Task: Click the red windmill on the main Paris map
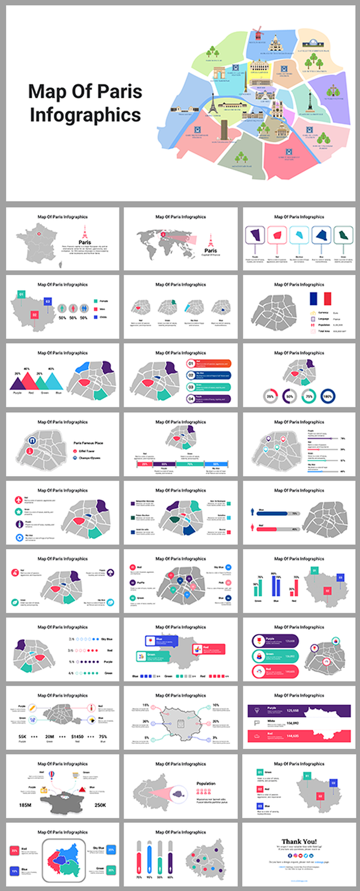(257, 33)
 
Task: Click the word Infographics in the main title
(85, 115)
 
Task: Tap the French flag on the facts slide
(320, 299)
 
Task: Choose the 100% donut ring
(328, 396)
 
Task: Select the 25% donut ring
(270, 396)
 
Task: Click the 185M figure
(25, 805)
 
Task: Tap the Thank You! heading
(299, 842)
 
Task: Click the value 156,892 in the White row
(292, 723)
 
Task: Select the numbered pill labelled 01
(191, 363)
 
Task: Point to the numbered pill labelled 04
(191, 399)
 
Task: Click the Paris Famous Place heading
(88, 443)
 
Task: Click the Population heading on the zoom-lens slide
(206, 784)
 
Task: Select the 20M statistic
(49, 737)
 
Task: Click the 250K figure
(100, 805)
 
